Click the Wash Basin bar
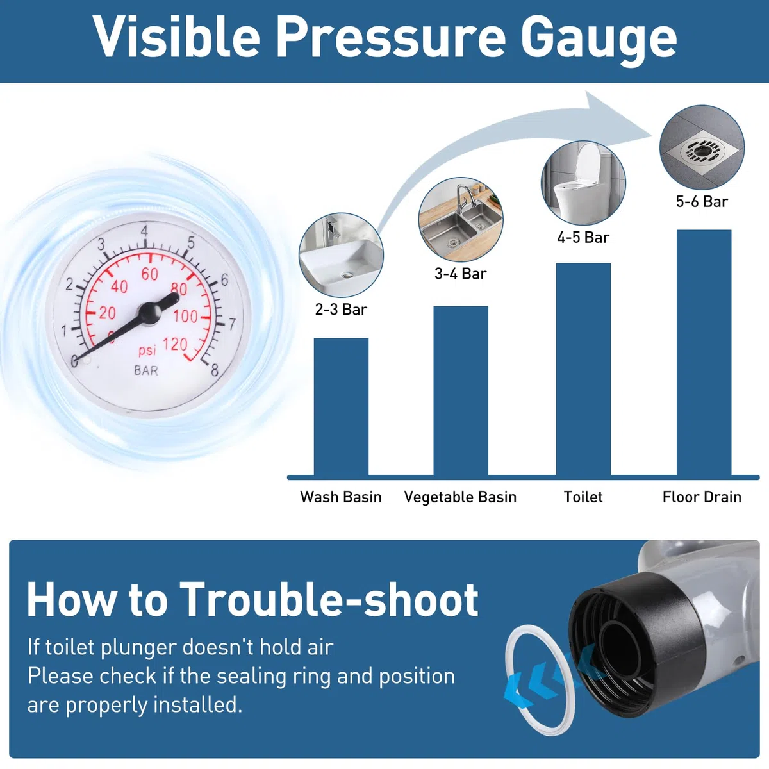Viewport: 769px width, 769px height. tap(341, 407)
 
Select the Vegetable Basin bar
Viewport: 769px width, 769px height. tap(461, 391)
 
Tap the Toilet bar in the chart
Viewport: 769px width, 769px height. tap(583, 369)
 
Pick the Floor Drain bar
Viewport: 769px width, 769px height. tap(704, 352)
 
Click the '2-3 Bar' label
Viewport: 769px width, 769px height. tap(341, 310)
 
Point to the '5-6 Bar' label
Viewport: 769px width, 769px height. tap(702, 201)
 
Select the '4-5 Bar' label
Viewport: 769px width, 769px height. tap(583, 238)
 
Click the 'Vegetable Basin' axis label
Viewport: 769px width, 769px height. tap(460, 497)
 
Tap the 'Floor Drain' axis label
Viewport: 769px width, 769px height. tap(702, 497)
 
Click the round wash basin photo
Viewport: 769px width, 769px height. tap(341, 255)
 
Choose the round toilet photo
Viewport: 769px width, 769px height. tap(583, 183)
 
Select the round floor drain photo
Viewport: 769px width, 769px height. tap(702, 147)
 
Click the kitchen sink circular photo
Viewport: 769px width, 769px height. tap(461, 220)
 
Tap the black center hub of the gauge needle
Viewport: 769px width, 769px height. tap(150, 313)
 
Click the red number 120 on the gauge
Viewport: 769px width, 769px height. tap(176, 343)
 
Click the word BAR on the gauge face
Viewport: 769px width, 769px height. tap(146, 371)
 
